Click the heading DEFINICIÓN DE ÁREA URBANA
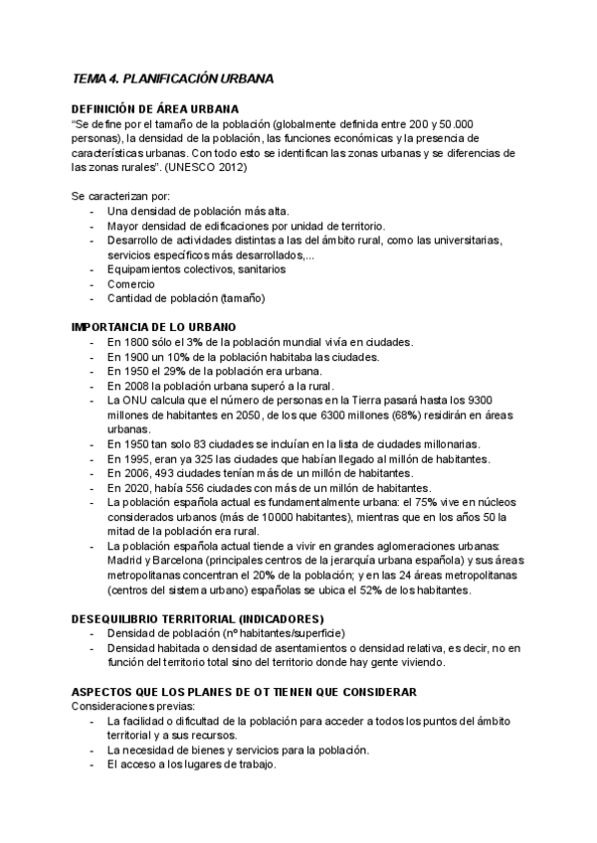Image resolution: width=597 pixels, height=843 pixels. coord(155,108)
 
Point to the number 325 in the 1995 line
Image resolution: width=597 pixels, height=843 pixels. coord(201,459)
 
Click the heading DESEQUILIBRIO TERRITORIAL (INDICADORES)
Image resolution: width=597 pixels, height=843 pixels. coord(198,618)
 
